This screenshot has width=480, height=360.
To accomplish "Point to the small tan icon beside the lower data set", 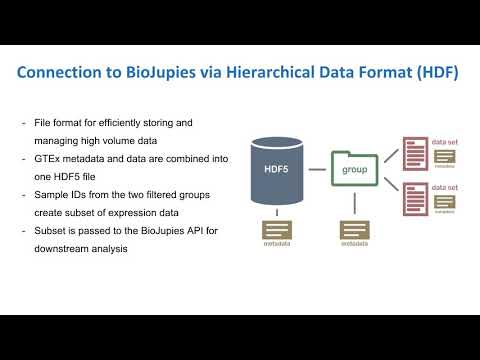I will point(444,200).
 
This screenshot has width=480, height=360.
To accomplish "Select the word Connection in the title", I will point(67,74).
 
